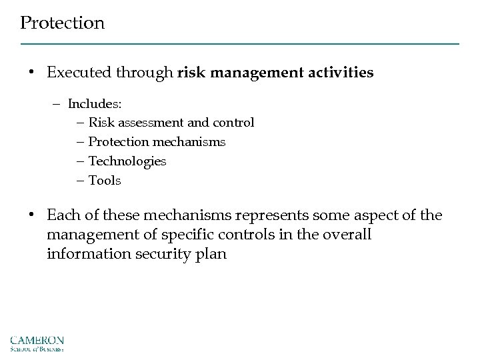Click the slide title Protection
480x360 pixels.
pos(62,23)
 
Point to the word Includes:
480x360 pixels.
pos(94,105)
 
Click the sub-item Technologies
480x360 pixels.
pos(127,161)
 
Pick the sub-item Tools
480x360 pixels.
pos(105,181)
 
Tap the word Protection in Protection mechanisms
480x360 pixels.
pos(117,143)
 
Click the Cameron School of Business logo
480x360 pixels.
pos(37,341)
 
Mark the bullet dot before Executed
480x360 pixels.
pos(31,73)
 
